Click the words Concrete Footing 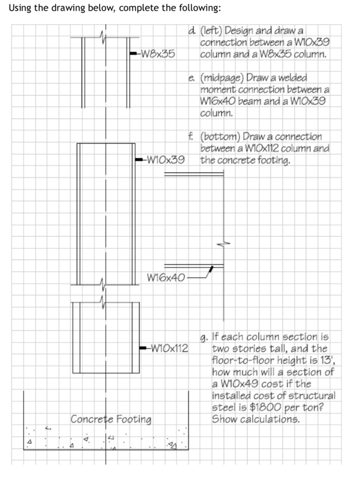click(111, 419)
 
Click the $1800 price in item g click(265, 407)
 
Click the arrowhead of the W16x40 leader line click(211, 269)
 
